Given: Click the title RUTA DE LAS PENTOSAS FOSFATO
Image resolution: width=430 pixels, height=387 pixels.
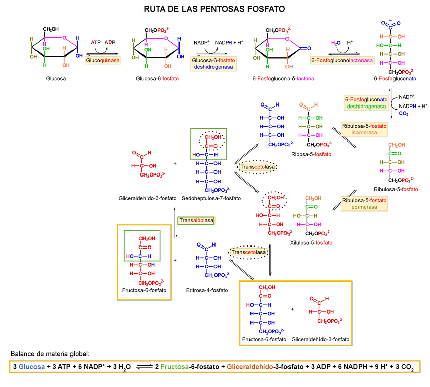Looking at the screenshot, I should click(214, 9).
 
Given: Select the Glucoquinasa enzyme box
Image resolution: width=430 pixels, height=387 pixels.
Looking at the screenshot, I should click(103, 60).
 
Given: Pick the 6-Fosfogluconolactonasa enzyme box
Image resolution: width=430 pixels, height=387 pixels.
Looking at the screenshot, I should click(342, 60).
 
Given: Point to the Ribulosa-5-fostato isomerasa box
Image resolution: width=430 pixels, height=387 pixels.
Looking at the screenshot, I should click(364, 129).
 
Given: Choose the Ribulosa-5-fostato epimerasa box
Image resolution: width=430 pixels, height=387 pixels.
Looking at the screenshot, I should click(364, 204).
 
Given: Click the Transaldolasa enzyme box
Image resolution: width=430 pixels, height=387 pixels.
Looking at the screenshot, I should click(196, 220).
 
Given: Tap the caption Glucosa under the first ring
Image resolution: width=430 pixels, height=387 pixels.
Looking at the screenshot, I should click(56, 79).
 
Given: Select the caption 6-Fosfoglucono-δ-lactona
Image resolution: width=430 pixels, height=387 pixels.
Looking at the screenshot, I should click(283, 79).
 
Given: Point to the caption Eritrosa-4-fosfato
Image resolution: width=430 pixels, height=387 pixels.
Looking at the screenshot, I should click(206, 290).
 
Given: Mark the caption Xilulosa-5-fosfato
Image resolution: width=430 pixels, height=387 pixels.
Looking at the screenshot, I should click(311, 243).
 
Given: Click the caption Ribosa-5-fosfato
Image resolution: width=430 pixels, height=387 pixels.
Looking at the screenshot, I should click(311, 154).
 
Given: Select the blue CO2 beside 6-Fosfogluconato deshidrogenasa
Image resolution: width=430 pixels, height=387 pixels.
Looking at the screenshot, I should click(404, 114).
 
